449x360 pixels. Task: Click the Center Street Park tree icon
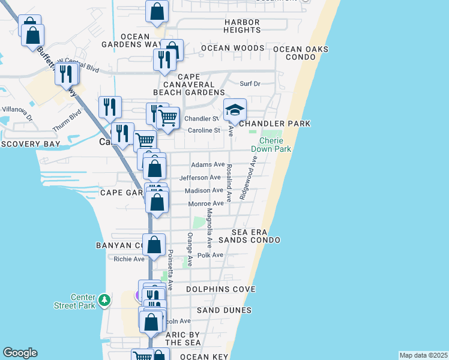(104, 299)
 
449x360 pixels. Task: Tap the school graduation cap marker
(235, 110)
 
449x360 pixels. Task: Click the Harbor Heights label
(242, 25)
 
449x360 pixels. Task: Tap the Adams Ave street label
(208, 164)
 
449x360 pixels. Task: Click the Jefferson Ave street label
(200, 178)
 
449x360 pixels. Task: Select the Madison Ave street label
(204, 190)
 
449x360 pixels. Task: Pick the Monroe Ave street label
(206, 203)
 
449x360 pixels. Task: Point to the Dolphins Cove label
(221, 289)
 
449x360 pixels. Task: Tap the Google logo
(20, 353)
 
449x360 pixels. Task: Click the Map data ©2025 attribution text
(423, 355)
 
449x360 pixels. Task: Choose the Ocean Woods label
(232, 48)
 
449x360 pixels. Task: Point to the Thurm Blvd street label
(70, 113)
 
